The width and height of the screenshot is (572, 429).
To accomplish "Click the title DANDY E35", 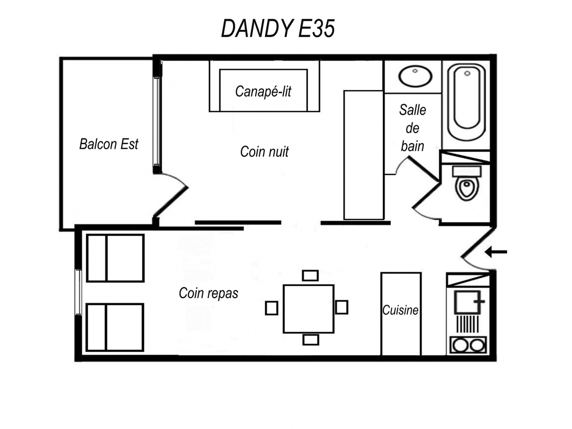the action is (278, 29).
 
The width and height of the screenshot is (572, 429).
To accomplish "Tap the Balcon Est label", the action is (109, 144).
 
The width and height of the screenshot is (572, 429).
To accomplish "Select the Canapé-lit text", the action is (263, 92).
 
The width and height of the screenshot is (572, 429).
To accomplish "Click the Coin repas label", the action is (208, 293).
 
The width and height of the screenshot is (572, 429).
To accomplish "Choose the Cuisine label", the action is (400, 310).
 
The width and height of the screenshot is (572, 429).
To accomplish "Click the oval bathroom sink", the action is (415, 76).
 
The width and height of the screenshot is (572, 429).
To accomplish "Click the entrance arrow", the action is (496, 252).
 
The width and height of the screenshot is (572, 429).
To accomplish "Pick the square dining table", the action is (308, 309).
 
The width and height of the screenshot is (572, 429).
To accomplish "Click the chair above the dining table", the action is (311, 275).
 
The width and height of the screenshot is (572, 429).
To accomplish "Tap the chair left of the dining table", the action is (272, 308).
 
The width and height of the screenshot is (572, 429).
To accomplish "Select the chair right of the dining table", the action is (342, 307).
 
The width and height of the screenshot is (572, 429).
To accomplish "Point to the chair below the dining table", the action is (311, 340).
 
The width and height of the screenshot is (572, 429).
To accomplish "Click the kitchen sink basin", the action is (467, 302).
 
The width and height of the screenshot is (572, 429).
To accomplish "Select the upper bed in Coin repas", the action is (116, 258).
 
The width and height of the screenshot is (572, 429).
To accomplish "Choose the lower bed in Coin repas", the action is (115, 327).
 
